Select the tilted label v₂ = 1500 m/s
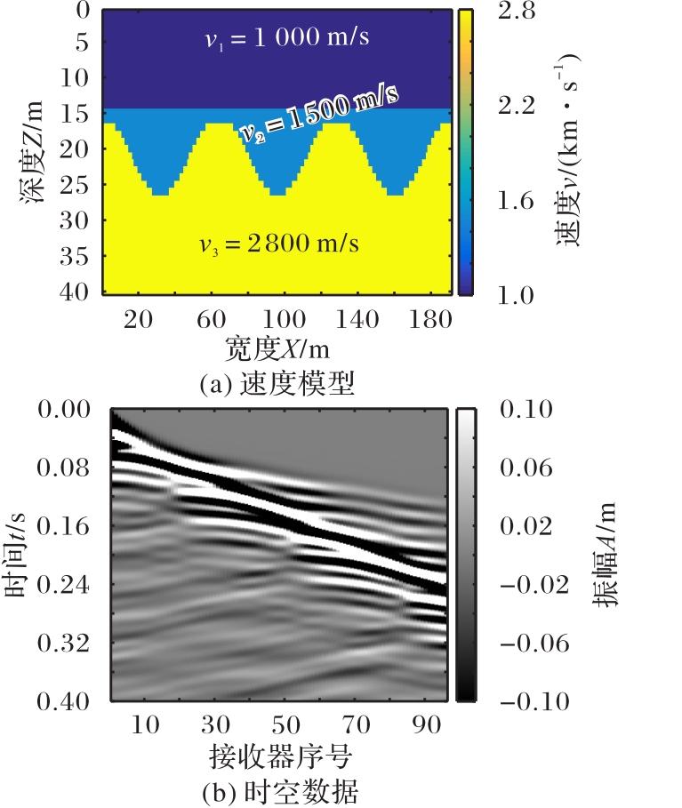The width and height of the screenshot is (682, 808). click(318, 113)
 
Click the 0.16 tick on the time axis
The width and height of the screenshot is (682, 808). click(67, 526)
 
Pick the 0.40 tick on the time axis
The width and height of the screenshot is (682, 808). click(67, 702)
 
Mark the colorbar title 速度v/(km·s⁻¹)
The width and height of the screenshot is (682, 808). click(570, 147)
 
